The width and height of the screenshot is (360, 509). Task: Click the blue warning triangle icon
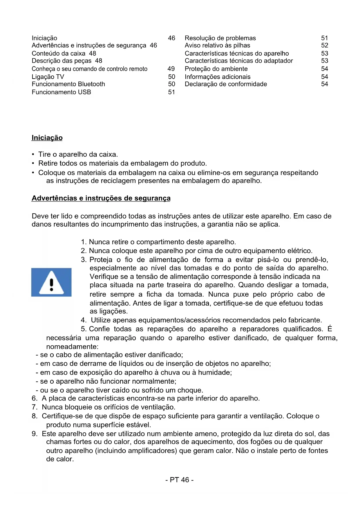(51, 282)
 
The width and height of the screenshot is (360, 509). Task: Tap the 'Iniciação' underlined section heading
(47, 138)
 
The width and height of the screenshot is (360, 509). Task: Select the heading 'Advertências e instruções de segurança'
(101, 198)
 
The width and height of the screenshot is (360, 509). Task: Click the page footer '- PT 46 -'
(180, 480)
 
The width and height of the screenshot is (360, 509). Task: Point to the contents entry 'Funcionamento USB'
(61, 92)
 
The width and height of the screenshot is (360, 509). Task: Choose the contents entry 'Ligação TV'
(48, 77)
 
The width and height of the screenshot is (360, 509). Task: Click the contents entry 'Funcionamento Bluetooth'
(68, 84)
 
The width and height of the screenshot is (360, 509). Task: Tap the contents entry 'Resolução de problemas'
(220, 38)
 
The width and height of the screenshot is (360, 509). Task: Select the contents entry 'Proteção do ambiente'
(216, 69)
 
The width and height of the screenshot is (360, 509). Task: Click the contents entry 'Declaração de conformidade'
(226, 84)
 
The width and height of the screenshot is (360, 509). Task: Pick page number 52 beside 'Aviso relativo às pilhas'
(325, 46)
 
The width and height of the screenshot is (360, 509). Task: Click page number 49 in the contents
(171, 69)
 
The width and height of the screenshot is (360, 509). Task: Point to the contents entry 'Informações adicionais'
(218, 77)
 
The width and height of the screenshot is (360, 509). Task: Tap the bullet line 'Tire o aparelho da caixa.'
(78, 154)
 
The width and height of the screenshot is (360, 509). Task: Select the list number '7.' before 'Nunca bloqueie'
(35, 407)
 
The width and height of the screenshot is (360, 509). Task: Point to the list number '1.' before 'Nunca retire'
(84, 242)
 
